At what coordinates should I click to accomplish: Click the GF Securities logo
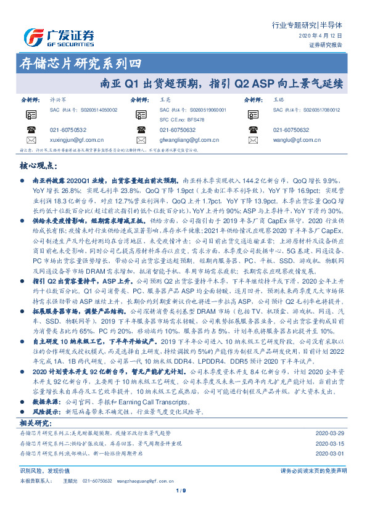click(59, 38)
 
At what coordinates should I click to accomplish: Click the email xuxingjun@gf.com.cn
click(73, 140)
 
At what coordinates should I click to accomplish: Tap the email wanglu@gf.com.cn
click(295, 140)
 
